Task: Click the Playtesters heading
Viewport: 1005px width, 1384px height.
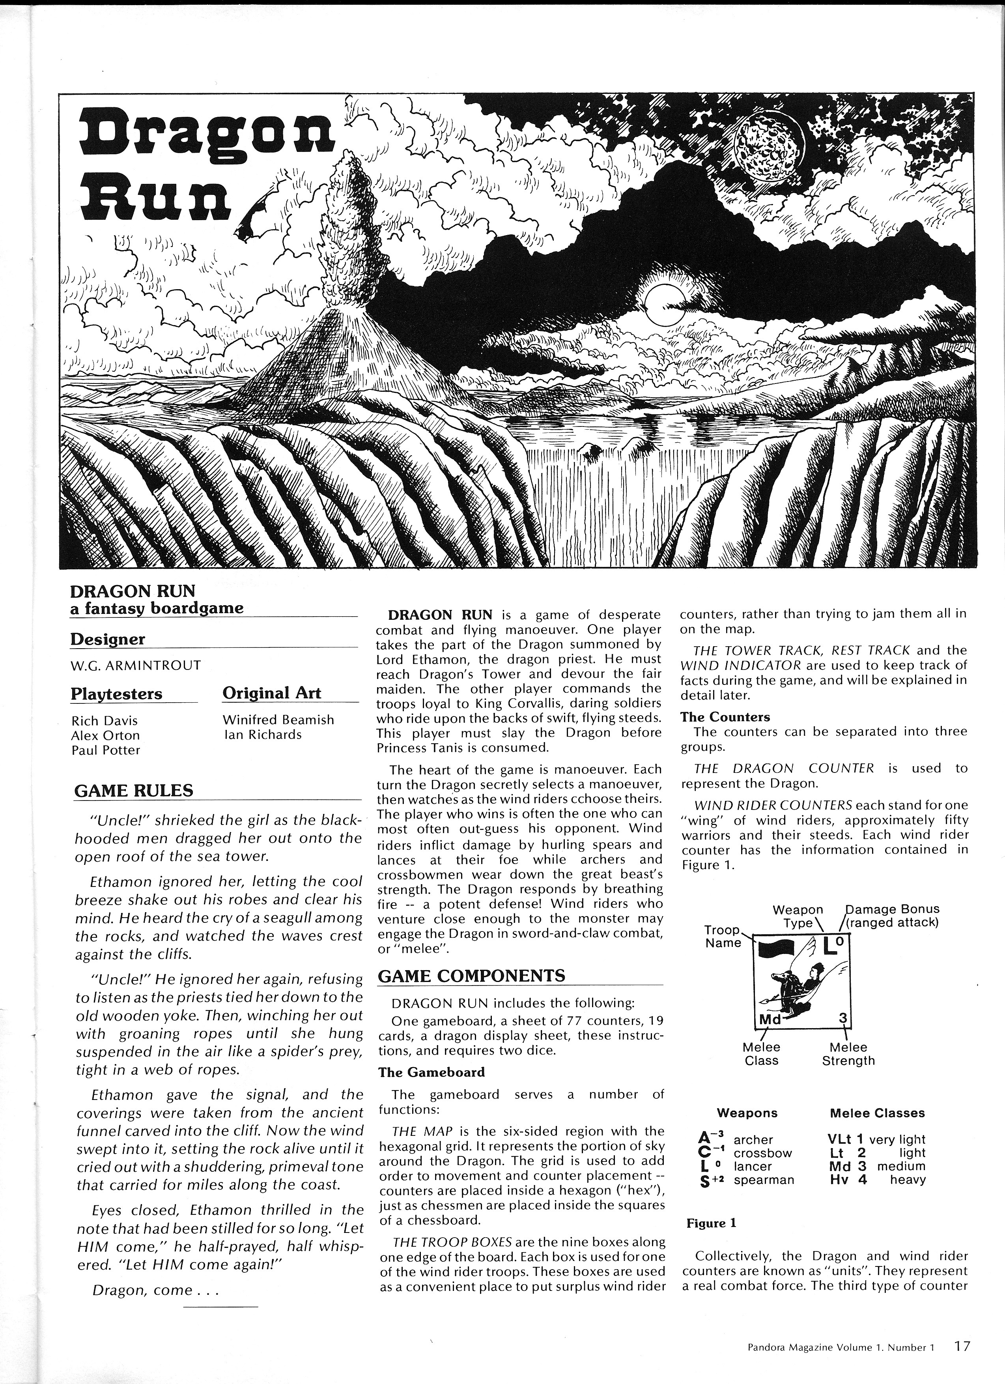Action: coord(116,694)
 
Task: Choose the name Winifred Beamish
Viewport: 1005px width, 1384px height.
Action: coord(278,720)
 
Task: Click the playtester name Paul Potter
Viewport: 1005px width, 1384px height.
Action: coord(106,750)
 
